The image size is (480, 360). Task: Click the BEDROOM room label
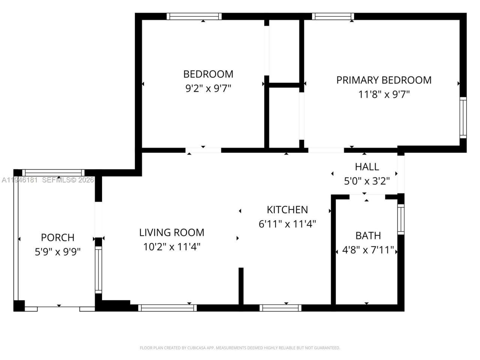tap(208, 74)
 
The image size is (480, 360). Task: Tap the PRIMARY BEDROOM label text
tap(384, 80)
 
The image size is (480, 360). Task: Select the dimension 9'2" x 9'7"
tap(208, 88)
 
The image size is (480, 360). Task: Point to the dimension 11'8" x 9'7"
tap(384, 94)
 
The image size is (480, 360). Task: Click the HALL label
tap(367, 166)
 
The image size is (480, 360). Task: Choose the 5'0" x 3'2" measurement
tap(367, 181)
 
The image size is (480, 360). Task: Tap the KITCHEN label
tap(287, 210)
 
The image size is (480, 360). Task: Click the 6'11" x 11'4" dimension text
tap(287, 224)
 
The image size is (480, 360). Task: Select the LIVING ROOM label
tap(172, 232)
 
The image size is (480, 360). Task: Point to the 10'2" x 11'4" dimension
tap(172, 247)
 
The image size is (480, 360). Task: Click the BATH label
tap(368, 235)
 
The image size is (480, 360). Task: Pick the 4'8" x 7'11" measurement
tap(368, 250)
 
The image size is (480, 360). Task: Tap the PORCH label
tap(57, 237)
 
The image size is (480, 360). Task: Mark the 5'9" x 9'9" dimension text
tap(57, 252)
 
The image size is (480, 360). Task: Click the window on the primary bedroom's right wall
tap(463, 118)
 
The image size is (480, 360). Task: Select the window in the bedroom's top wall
tap(194, 16)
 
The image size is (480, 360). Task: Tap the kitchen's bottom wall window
tap(280, 308)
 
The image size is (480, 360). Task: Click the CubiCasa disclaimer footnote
tap(240, 348)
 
